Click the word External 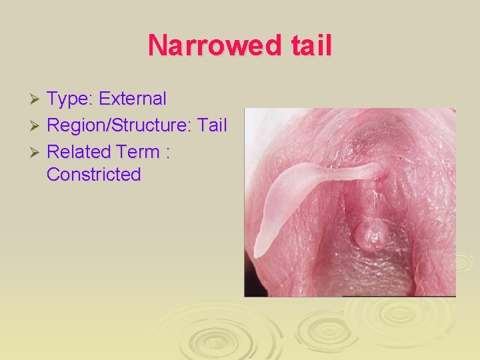tap(132, 99)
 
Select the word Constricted tap(94, 175)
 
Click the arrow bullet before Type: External tap(38, 100)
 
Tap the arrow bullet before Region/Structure tap(38, 126)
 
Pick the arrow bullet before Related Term tap(38, 152)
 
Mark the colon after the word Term tap(168, 153)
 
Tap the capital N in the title tap(157, 45)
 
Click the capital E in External tap(104, 99)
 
